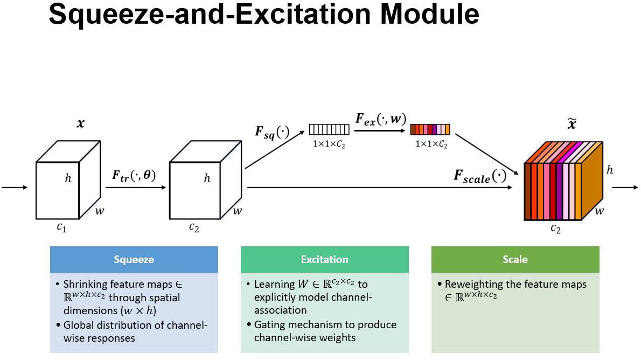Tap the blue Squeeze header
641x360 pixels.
pyautogui.click(x=134, y=259)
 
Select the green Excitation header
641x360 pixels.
pyautogui.click(x=325, y=259)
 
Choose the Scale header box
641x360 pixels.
pyautogui.click(x=515, y=259)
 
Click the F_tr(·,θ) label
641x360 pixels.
pyautogui.click(x=134, y=175)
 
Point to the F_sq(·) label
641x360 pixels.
pyautogui.click(x=272, y=132)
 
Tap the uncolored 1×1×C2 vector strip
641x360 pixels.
pyautogui.click(x=329, y=129)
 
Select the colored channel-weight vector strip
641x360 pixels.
pyautogui.click(x=430, y=129)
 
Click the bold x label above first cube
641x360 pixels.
pyautogui.click(x=81, y=123)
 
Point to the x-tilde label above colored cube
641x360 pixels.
pyautogui.click(x=572, y=124)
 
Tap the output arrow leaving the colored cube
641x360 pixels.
pyautogui.click(x=625, y=188)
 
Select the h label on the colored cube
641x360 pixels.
pyautogui.click(x=610, y=170)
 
